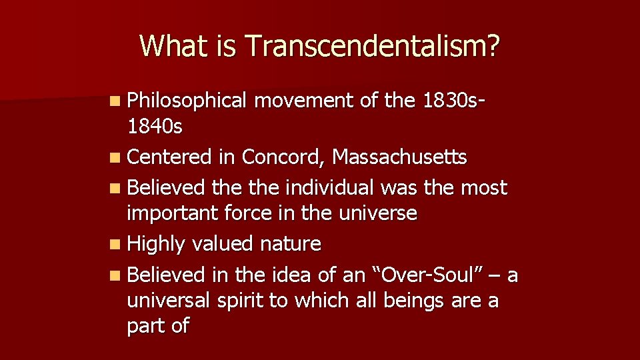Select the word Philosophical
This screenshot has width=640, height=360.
click(187, 101)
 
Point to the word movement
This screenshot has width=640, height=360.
click(307, 101)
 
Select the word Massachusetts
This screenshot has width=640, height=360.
click(400, 157)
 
